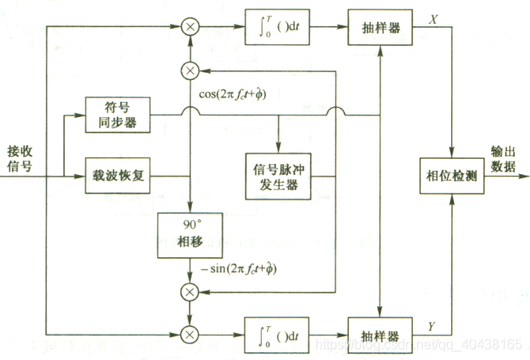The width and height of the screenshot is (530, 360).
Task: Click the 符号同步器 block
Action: tap(117, 115)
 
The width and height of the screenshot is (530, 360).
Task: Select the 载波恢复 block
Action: tap(117, 177)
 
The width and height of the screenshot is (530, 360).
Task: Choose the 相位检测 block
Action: tap(452, 176)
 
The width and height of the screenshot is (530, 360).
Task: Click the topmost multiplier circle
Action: tap(190, 27)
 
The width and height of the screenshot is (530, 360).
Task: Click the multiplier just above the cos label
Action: tap(190, 70)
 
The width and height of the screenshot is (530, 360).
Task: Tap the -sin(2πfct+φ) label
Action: tap(241, 269)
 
